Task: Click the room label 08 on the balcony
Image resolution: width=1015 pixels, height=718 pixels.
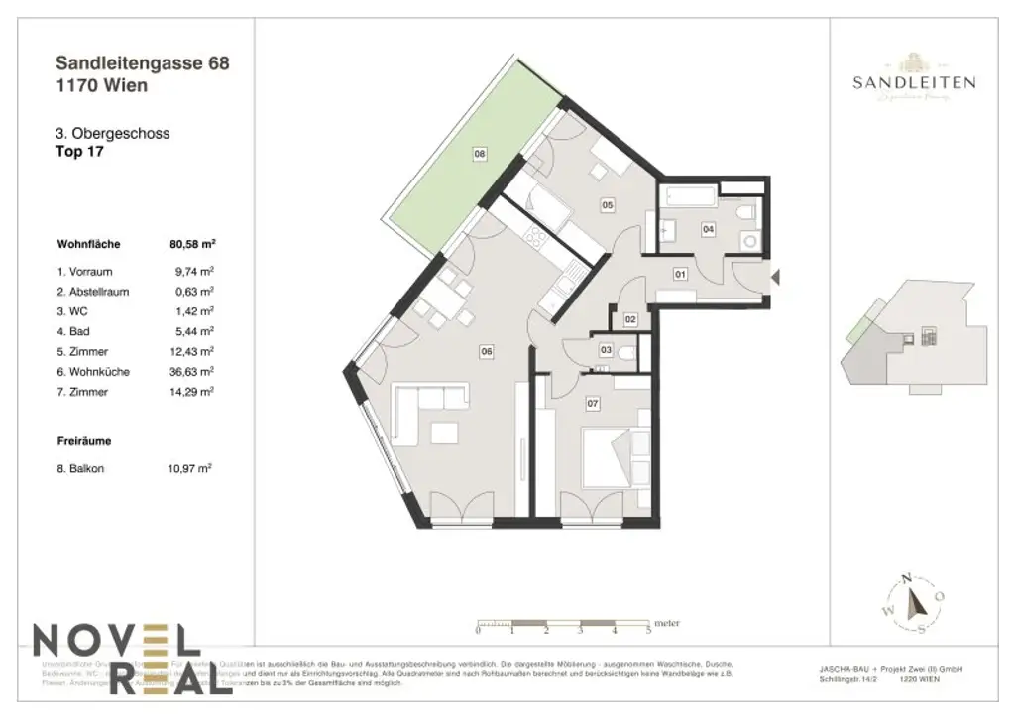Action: (x=480, y=154)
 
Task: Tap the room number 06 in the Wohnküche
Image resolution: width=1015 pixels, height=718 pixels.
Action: (x=487, y=349)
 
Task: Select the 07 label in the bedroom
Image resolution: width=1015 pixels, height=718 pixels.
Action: (x=593, y=404)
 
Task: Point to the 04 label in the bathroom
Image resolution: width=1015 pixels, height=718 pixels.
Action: (x=708, y=229)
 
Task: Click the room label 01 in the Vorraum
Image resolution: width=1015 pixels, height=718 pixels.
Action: (x=681, y=273)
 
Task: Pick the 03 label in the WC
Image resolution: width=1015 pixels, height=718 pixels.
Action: (x=606, y=350)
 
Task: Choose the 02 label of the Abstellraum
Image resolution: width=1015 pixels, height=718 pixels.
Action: (x=630, y=319)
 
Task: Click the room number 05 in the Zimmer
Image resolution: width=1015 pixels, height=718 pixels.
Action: (x=607, y=205)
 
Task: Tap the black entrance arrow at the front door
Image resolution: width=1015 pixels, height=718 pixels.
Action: (x=776, y=279)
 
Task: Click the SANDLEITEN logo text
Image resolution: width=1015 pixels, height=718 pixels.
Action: (x=913, y=83)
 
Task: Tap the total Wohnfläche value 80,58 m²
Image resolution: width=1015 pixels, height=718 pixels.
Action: (x=192, y=243)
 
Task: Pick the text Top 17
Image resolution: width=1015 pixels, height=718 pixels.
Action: (x=80, y=152)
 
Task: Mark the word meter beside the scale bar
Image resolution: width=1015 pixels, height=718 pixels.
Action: (x=667, y=624)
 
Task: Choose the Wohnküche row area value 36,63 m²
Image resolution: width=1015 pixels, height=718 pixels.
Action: (x=192, y=372)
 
